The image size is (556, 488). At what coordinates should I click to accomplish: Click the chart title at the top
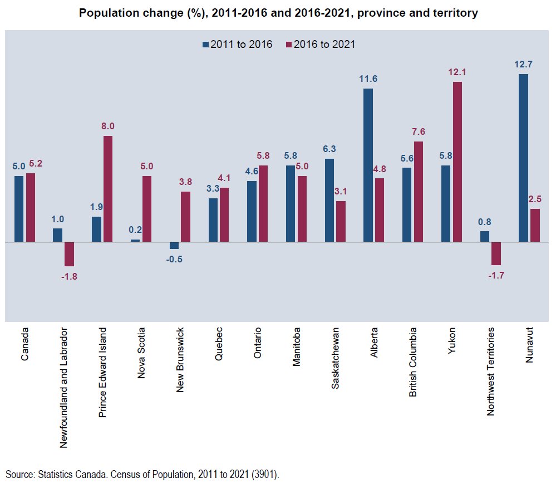coord(278,13)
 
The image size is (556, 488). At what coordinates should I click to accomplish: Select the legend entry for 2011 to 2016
coord(237,45)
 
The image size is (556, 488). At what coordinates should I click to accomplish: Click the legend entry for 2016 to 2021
coord(320,45)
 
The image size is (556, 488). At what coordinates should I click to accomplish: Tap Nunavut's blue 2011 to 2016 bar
coord(523,158)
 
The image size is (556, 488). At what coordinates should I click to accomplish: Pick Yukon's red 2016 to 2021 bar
coord(457,162)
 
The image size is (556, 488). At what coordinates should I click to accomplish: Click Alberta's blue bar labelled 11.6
coord(368,165)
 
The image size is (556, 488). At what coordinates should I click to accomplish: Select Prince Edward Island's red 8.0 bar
coord(108,189)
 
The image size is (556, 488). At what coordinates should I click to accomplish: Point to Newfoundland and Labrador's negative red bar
coord(69,254)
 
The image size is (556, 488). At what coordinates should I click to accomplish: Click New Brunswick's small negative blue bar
coord(174,245)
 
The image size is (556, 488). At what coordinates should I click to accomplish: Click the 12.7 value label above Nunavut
coord(523,64)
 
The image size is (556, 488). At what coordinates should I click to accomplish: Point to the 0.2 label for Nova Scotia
coord(135,229)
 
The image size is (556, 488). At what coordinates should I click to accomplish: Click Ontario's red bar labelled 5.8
coord(263,203)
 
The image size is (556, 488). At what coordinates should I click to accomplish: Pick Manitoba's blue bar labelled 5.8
coord(291,203)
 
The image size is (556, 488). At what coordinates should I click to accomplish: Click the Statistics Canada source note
coord(142,475)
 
